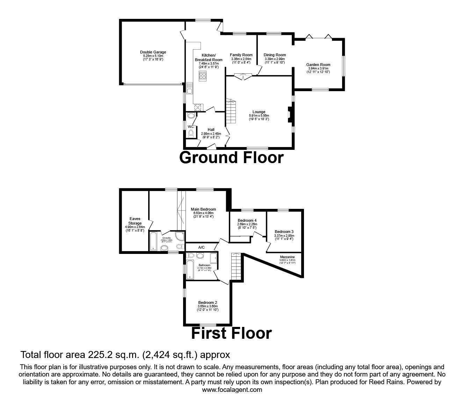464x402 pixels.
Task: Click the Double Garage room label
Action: point(153,52)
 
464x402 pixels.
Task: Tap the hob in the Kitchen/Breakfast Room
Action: point(202,76)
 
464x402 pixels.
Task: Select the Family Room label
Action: point(241,55)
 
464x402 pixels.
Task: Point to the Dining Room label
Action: point(275,55)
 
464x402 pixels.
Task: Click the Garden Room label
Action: point(318,65)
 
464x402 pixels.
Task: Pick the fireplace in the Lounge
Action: point(289,115)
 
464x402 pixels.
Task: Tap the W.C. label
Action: point(190,126)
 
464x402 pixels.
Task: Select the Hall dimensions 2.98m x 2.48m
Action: point(211,133)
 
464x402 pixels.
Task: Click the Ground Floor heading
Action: point(231,158)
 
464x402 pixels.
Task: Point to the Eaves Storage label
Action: point(135,221)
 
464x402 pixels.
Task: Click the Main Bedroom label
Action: point(203,209)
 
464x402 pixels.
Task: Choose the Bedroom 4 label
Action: point(247,220)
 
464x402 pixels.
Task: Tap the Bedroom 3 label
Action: point(284,232)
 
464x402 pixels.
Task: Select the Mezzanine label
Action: point(287,257)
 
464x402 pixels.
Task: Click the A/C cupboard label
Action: point(201,247)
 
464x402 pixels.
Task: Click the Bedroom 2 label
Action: point(208,302)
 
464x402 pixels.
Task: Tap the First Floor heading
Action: point(231,333)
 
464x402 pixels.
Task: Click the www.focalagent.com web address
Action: point(232,390)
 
